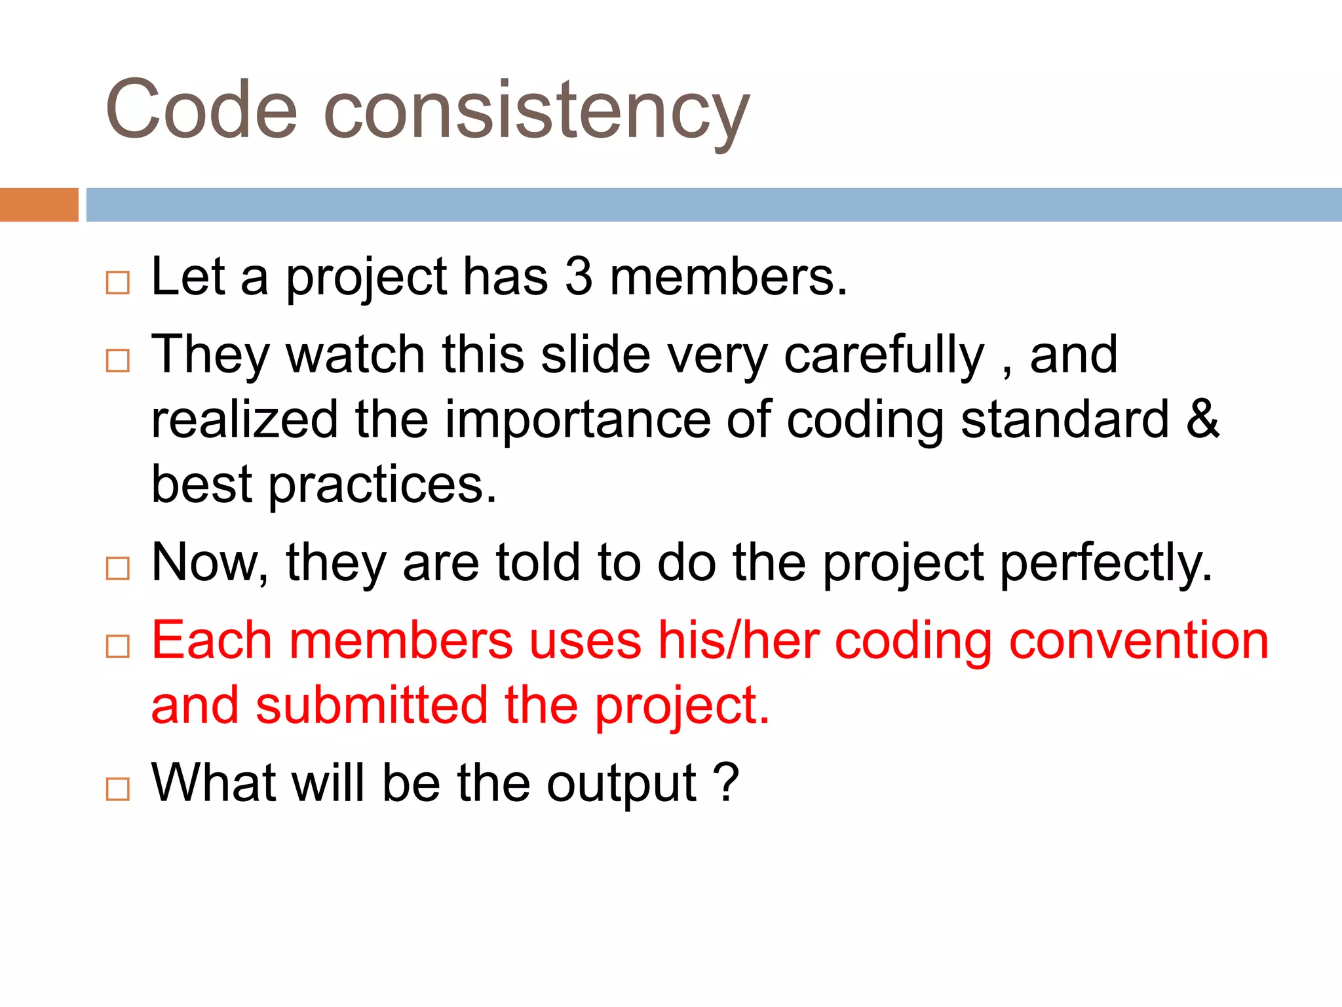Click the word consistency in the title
coord(536,111)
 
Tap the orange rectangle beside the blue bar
coord(39,205)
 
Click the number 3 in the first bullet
coord(578,277)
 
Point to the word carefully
coord(884,355)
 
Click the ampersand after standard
coord(1202,419)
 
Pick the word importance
coord(577,420)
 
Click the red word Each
coord(211,640)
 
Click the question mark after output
coord(725,783)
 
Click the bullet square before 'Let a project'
coord(118,283)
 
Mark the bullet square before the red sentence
coord(118,646)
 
